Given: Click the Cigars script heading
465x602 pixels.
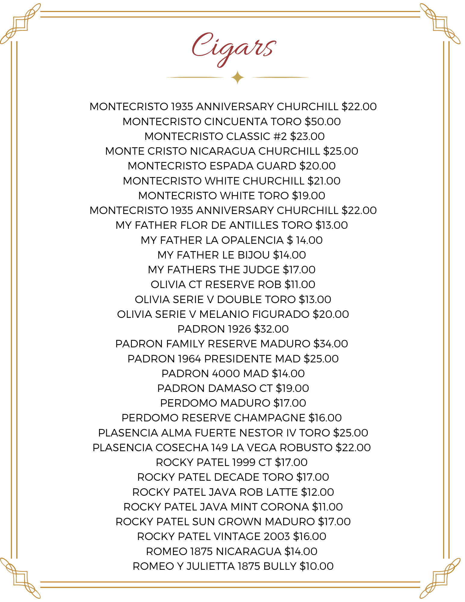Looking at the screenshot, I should coord(234,48).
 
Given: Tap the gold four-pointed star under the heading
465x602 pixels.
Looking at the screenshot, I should coord(237,77).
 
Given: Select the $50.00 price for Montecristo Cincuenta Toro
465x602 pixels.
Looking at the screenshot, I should coord(323,122).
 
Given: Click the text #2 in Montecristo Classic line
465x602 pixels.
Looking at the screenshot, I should coord(280,136).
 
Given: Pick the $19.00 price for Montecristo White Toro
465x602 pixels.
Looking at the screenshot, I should coord(308,196).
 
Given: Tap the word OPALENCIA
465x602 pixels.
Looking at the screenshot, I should coord(253,240).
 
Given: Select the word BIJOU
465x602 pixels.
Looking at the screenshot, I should coord(253,255).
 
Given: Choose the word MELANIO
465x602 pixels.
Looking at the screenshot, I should coord(224,314).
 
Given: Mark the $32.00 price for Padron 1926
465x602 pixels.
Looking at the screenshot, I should coord(271,329).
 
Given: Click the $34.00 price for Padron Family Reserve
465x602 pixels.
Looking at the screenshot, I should coord(330,344).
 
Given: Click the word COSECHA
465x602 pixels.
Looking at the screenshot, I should coord(182,448).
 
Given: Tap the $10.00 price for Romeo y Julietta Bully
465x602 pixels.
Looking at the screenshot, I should coord(317,566).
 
